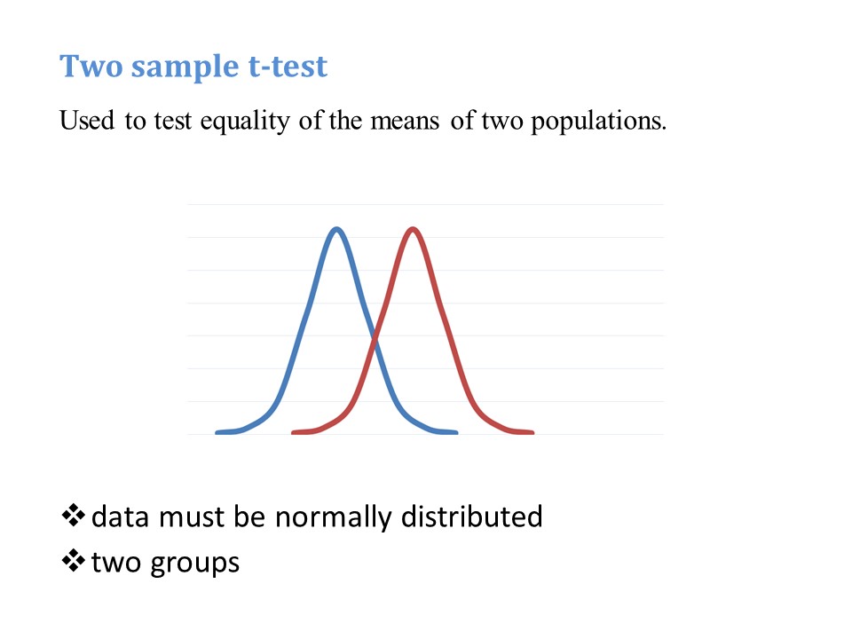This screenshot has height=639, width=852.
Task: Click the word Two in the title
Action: click(x=91, y=67)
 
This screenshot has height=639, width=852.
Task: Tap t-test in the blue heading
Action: click(x=288, y=67)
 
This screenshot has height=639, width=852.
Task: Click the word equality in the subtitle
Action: click(x=245, y=122)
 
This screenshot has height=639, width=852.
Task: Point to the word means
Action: click(x=405, y=122)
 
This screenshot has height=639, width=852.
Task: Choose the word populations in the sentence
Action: click(x=599, y=122)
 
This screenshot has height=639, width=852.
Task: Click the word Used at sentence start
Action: click(x=87, y=121)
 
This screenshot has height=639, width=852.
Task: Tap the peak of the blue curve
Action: click(x=337, y=230)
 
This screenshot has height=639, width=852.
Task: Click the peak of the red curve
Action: click(x=413, y=230)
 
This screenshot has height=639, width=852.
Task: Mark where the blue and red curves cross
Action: click(x=375, y=340)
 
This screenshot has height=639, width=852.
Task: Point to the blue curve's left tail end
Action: click(x=217, y=432)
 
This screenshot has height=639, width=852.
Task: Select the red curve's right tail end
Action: click(x=532, y=432)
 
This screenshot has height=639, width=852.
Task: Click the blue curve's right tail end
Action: click(x=456, y=432)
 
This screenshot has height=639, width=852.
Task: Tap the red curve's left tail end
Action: click(x=294, y=432)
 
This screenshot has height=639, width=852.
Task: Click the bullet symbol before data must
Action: click(x=73, y=516)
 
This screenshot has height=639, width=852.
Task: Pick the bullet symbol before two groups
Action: click(x=73, y=561)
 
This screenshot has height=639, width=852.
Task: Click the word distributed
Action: click(x=471, y=516)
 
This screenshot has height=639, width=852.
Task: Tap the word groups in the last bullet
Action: click(x=194, y=564)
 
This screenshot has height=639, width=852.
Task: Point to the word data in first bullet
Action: click(x=120, y=517)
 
